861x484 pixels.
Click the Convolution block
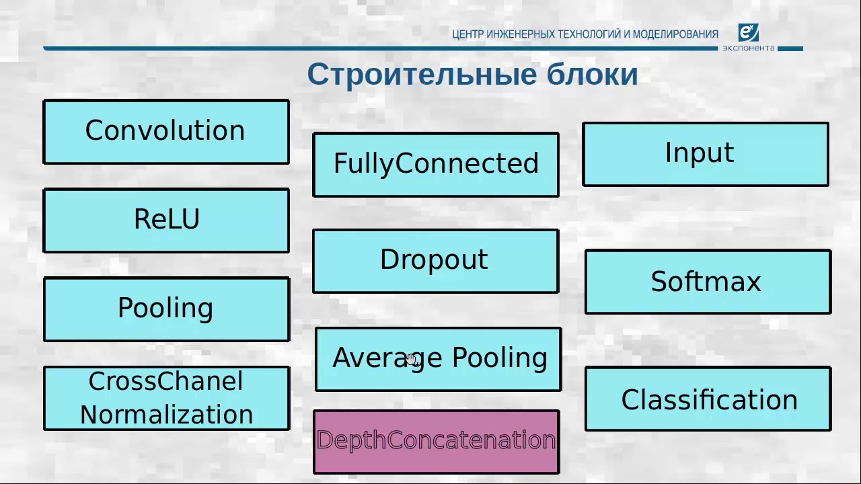click(166, 132)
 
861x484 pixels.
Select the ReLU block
click(166, 220)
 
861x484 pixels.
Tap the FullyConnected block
click(436, 165)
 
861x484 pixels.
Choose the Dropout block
click(435, 261)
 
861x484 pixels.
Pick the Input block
click(705, 154)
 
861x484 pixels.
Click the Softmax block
click(708, 282)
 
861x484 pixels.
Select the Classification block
click(708, 399)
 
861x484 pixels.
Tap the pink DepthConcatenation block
click(436, 442)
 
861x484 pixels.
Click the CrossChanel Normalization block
click(166, 398)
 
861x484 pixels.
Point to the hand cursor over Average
click(412, 361)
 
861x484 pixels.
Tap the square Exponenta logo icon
click(748, 32)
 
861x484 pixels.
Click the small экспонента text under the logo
click(748, 48)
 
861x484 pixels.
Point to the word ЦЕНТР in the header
click(468, 34)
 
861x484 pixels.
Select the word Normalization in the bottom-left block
click(166, 415)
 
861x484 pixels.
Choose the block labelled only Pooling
click(166, 309)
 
